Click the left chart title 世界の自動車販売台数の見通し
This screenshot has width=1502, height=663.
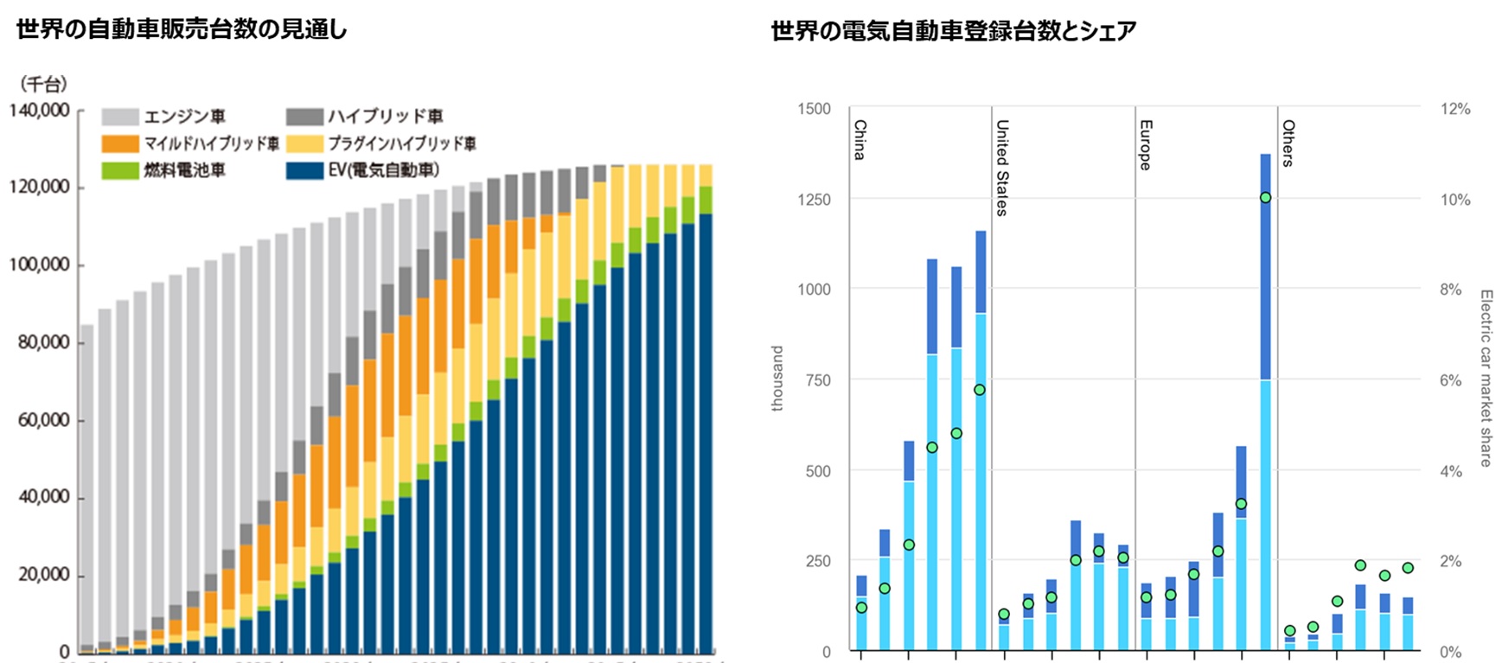pos(182,29)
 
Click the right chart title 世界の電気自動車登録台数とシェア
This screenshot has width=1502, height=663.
pos(953,31)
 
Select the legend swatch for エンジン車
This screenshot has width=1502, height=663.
pos(119,117)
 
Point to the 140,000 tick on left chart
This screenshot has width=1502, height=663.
pos(40,110)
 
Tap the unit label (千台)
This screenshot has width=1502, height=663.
pos(43,84)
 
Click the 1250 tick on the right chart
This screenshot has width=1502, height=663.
pos(814,200)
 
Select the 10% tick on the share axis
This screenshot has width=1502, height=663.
pos(1454,200)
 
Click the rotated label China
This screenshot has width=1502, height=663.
pos(860,140)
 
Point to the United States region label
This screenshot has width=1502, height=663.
pos(1002,168)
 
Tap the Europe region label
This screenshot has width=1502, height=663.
pos(1145,145)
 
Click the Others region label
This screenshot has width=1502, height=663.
pos(1288,143)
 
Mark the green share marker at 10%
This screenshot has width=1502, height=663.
pos(1265,198)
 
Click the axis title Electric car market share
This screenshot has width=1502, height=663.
pos(1486,379)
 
